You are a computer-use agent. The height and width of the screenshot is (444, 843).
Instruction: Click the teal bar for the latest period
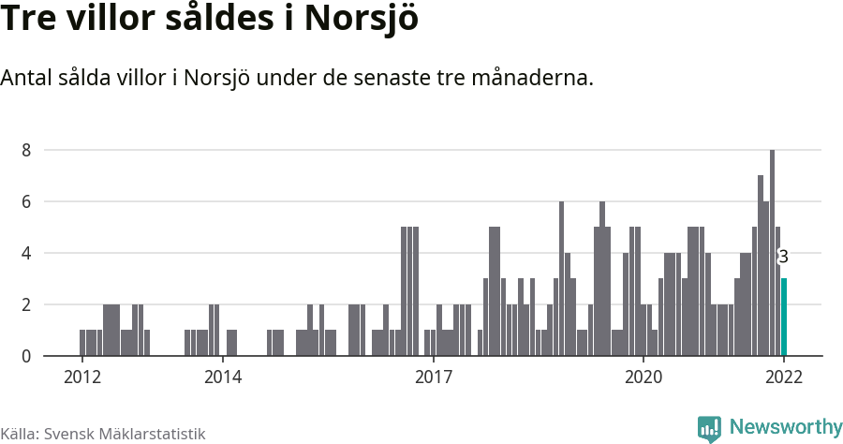coord(783,317)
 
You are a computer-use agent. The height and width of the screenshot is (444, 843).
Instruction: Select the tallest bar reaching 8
coord(772,253)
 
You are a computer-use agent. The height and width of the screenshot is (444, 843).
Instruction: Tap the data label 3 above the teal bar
coord(783,257)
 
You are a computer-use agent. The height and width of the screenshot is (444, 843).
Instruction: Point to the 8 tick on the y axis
coord(26,150)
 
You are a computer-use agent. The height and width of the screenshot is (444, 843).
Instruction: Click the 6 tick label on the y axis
coord(26,201)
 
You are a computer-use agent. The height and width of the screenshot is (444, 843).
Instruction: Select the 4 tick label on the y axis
coord(26,253)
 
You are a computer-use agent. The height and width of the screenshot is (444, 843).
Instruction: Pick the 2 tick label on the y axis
coord(26,304)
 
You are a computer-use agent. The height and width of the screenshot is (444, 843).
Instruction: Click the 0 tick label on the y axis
coord(26,356)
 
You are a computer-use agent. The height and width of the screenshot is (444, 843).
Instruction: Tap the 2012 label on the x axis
coord(82,377)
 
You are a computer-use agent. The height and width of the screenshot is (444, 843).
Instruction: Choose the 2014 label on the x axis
coord(223,377)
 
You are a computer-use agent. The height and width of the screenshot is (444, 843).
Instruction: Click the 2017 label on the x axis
coord(433,377)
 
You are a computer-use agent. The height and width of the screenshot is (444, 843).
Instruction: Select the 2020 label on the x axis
coord(643,377)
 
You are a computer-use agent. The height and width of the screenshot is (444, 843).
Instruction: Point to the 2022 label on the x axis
coord(783,377)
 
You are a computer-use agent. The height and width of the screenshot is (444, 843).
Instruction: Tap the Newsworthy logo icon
coord(709,428)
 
